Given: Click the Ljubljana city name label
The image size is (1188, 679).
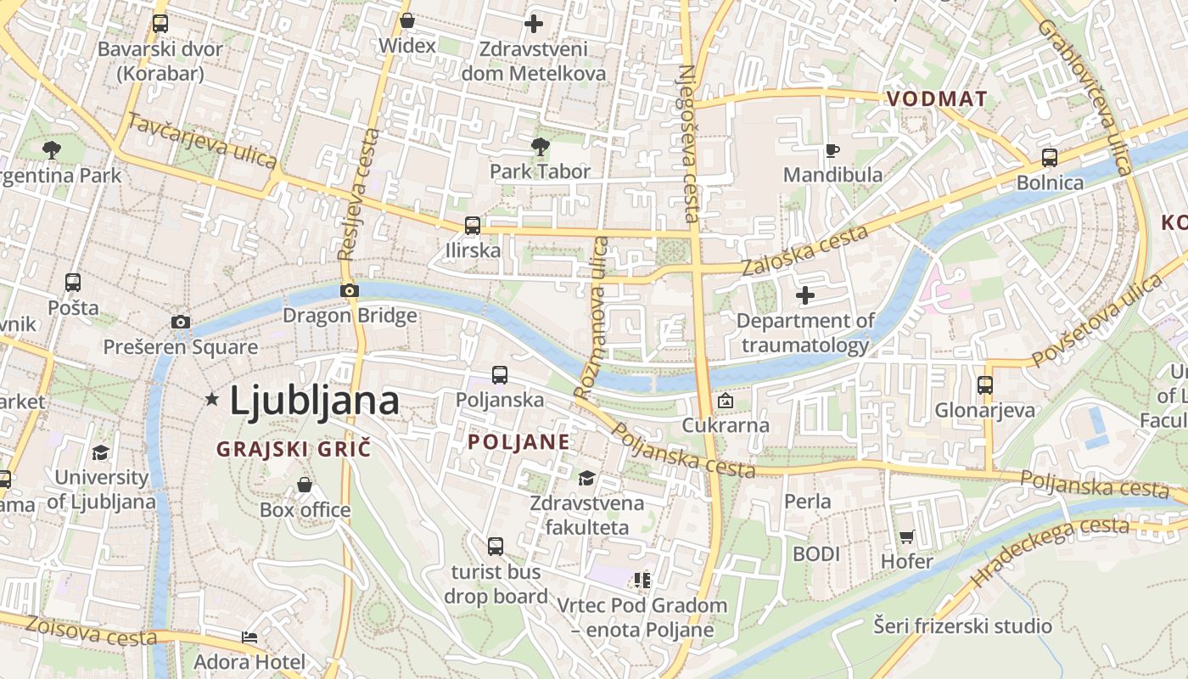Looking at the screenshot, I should [x=314, y=401].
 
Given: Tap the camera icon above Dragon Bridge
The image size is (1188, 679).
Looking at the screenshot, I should [x=349, y=290].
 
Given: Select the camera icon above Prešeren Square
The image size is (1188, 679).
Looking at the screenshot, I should [x=180, y=322].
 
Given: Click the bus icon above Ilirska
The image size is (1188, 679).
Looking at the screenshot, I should [x=473, y=226].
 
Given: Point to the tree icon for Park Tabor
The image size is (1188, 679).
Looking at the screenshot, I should [x=540, y=147].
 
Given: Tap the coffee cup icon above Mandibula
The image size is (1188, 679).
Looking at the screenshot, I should [x=832, y=151].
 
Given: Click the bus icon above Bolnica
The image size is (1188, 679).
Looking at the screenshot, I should [x=1050, y=157].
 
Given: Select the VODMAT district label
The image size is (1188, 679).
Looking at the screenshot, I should [x=937, y=99].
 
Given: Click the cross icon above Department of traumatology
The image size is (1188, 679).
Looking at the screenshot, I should [x=804, y=295].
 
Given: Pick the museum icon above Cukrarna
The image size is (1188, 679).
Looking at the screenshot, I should [x=726, y=401].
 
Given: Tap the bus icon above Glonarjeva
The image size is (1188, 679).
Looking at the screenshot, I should [x=985, y=385].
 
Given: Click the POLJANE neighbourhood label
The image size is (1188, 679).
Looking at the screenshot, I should [x=518, y=442].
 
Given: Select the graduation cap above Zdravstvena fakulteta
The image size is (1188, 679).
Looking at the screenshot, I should [x=586, y=479].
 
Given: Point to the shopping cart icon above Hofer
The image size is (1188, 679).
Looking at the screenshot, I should [x=906, y=536].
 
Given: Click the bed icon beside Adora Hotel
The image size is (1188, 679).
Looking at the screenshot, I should [x=249, y=637].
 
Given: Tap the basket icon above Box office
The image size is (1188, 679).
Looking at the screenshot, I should [x=305, y=485].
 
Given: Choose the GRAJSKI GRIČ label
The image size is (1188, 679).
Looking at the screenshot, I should [x=294, y=449].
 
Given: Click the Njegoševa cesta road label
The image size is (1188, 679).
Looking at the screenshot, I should [x=689, y=144].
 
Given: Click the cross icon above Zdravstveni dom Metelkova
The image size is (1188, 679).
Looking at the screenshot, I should [x=533, y=23].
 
